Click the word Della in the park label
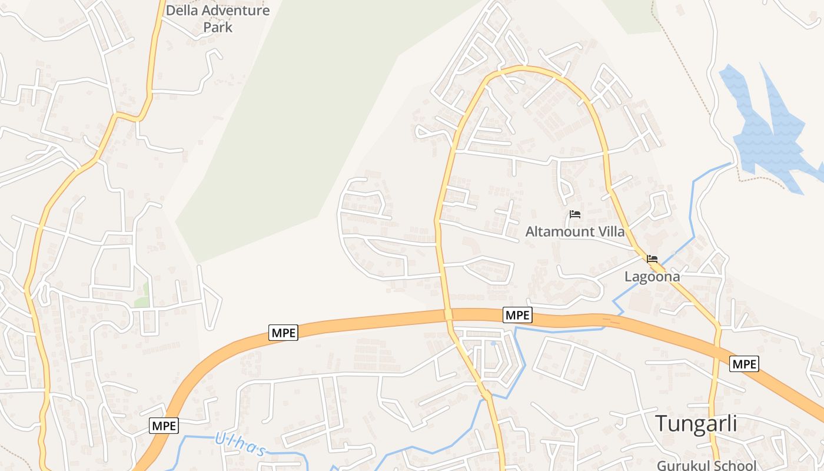click(x=182, y=11)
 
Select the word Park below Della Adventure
click(x=218, y=27)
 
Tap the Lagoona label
click(x=652, y=277)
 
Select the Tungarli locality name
click(x=696, y=423)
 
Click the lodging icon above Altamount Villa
click(x=575, y=214)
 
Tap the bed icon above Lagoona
click(x=652, y=259)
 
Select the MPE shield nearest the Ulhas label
click(x=164, y=426)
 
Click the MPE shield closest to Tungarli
click(x=744, y=364)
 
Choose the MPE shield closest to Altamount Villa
click(x=518, y=315)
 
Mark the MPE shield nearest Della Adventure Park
click(x=284, y=333)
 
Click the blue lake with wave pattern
click(x=765, y=132)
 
